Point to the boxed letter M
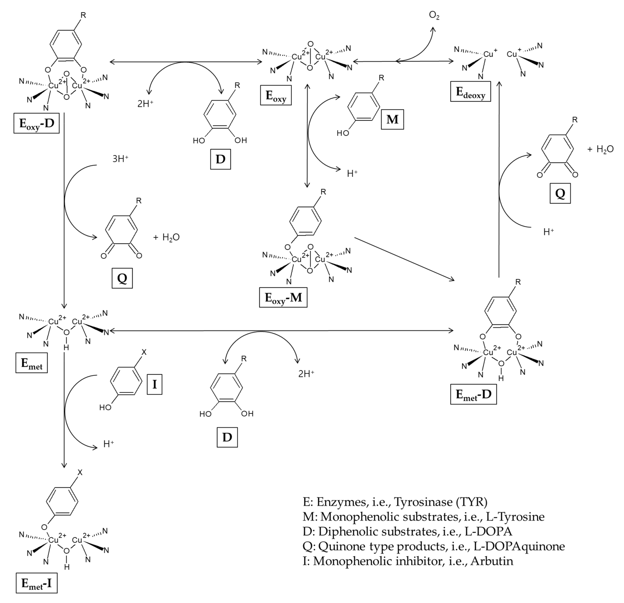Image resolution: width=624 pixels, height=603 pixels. coord(392,120)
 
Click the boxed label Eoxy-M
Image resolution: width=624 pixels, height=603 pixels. coord(283,298)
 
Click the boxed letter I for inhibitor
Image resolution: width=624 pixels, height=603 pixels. coord(154,385)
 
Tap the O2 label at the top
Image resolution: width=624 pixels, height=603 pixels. coord(434,15)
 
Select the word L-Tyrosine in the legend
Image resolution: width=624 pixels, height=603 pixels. coord(515,517)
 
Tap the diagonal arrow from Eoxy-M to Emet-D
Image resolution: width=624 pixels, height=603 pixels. coord(404,259)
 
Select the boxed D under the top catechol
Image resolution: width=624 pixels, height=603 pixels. coord(220,159)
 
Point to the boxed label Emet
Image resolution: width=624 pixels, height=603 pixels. coord(32,363)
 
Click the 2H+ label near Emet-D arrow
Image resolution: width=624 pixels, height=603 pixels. coord(306,374)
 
